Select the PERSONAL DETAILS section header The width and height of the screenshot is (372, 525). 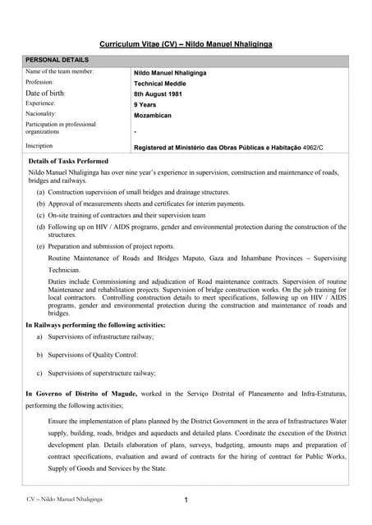tap(57, 60)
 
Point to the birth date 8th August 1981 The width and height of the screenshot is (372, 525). tap(158, 94)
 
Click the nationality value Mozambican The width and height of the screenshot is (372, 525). tap(153, 116)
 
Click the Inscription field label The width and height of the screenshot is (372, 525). tap(42, 145)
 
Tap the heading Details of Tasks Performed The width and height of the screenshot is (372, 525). tap(79, 162)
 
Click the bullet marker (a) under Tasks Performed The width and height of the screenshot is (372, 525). tap(40, 191)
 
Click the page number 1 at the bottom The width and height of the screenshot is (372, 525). tap(186, 500)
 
